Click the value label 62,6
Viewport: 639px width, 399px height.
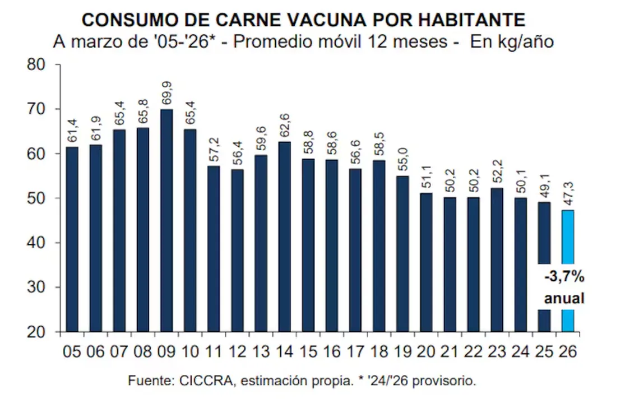coord(284,125)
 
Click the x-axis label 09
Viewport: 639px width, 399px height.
coord(166,352)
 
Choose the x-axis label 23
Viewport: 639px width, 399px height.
coord(497,352)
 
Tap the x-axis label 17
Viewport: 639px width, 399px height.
coord(355,352)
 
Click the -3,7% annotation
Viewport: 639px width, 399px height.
coord(563,277)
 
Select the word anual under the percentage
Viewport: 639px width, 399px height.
coord(563,298)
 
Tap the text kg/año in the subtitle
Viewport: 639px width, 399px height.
coord(524,42)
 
